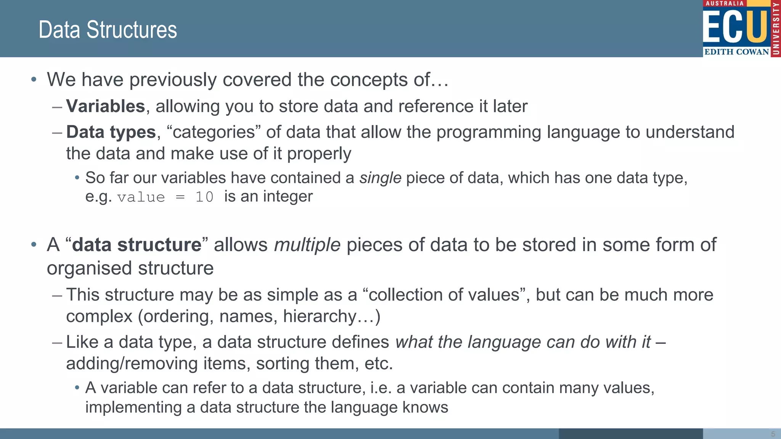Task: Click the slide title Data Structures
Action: (x=108, y=30)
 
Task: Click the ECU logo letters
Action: (x=735, y=27)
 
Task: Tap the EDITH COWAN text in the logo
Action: (x=736, y=52)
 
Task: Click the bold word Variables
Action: (x=106, y=106)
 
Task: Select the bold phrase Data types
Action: (x=111, y=132)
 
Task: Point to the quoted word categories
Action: (x=214, y=132)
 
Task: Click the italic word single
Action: (x=380, y=178)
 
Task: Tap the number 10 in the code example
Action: (x=204, y=197)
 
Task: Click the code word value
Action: (x=141, y=197)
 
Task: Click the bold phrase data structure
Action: (x=137, y=245)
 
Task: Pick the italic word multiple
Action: (x=307, y=245)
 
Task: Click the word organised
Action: (x=90, y=268)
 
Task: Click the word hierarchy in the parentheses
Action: (x=320, y=316)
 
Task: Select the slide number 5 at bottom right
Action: (x=773, y=434)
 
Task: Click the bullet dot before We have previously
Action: (x=34, y=80)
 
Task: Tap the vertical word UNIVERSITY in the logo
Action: (x=776, y=29)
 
